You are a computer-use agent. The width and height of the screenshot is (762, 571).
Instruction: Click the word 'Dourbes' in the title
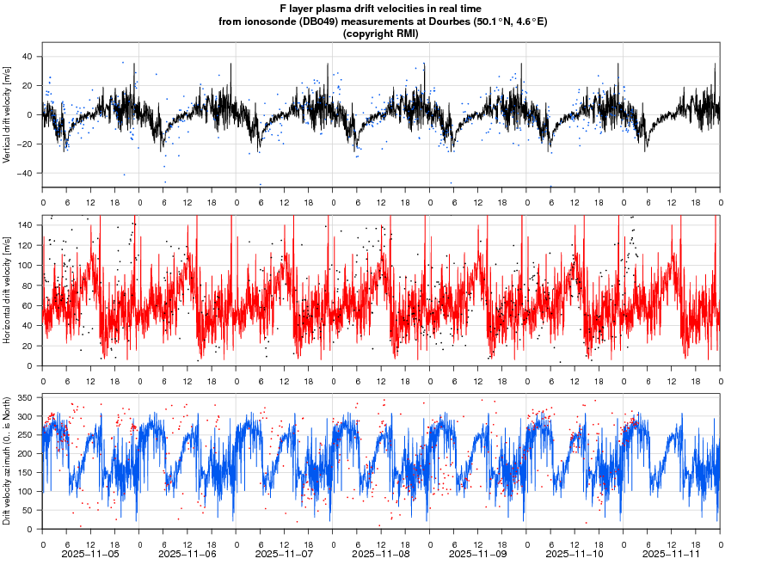(434, 21)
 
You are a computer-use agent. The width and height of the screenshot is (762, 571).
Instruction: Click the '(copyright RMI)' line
(380, 34)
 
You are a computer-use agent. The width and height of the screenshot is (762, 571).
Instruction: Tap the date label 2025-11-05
(91, 556)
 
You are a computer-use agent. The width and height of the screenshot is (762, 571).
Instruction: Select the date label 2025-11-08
(382, 556)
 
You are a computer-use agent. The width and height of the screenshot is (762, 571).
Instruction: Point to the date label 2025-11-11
(673, 556)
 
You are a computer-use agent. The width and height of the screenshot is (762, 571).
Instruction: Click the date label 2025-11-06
(188, 556)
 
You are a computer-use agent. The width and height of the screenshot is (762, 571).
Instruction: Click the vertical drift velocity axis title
(8, 114)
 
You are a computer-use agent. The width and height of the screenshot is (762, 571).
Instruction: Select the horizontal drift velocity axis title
(8, 290)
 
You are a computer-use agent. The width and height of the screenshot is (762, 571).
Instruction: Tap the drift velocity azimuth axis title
(8, 460)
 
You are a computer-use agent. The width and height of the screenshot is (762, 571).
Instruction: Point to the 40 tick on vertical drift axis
(27, 57)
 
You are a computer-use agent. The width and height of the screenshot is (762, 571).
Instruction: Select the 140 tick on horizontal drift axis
(24, 225)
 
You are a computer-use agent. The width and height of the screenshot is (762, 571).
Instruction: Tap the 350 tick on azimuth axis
(24, 399)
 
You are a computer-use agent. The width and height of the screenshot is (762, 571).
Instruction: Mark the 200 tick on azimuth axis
(24, 454)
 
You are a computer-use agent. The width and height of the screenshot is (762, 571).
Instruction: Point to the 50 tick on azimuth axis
(27, 510)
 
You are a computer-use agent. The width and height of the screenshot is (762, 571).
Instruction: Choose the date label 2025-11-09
(479, 556)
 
